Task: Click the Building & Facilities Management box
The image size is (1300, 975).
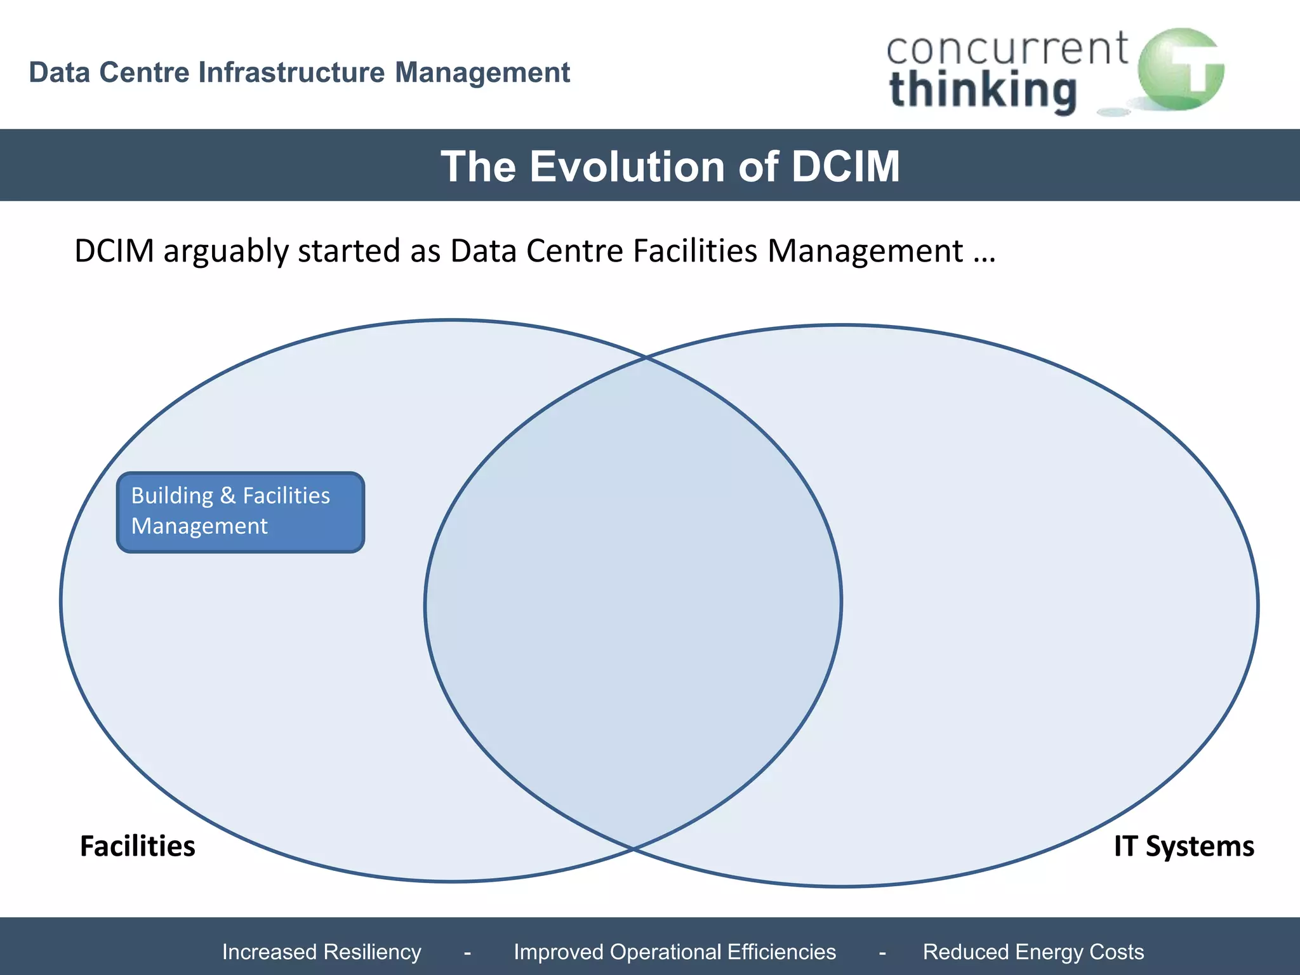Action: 241,512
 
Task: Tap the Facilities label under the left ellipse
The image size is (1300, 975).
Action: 138,846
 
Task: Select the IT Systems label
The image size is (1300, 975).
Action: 1184,846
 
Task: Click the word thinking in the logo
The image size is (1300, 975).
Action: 983,91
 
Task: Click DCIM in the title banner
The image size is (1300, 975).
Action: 846,166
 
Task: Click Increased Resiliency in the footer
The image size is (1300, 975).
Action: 322,952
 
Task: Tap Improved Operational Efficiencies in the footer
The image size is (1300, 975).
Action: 675,952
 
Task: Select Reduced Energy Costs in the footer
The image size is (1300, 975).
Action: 1033,952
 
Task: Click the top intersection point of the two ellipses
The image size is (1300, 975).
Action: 646,358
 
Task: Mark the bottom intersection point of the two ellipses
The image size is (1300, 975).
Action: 633,848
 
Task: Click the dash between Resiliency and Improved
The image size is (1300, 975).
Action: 468,952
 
